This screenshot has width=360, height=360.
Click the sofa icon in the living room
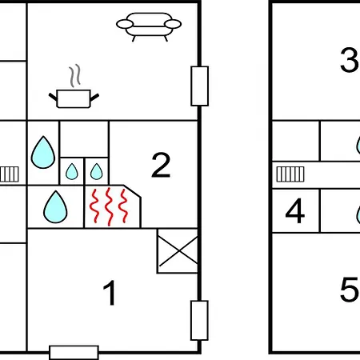(149, 26)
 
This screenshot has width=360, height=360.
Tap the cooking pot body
(74, 99)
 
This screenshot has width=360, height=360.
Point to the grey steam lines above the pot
(75, 75)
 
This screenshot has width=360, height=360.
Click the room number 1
(110, 293)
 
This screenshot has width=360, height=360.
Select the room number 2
(161, 165)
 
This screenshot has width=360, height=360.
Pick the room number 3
(350, 60)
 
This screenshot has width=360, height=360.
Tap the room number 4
(295, 210)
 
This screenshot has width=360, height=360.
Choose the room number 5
(350, 290)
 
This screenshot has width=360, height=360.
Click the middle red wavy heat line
(109, 206)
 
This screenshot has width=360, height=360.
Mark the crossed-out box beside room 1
(178, 250)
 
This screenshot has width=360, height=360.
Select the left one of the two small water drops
(72, 171)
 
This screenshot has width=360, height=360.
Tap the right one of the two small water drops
(96, 171)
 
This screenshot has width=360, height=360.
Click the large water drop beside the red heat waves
(55, 206)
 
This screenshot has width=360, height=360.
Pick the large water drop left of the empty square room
(43, 152)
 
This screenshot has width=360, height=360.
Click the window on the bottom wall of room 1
(74, 353)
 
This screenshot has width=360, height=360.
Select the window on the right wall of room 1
(199, 320)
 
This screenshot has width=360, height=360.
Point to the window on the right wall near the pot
(200, 86)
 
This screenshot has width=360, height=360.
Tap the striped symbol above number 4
(290, 174)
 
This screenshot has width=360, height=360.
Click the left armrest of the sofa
(125, 24)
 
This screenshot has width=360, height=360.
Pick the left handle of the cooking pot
(53, 97)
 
